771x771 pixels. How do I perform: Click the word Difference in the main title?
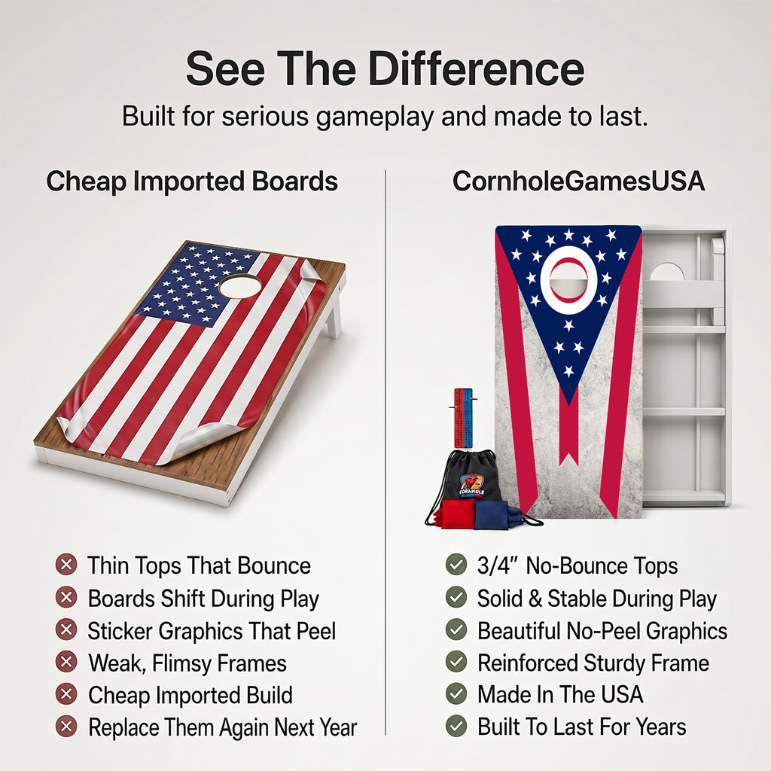(476, 69)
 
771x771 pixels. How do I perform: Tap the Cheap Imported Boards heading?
(192, 181)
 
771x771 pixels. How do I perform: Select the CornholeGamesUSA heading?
(578, 181)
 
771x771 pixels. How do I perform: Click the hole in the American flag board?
(240, 285)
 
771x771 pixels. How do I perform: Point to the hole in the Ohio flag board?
(568, 279)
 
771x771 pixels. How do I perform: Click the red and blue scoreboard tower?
(463, 418)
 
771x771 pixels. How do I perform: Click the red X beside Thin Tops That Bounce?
(66, 565)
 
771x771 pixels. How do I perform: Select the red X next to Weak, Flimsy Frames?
(66, 662)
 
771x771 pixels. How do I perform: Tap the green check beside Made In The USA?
(456, 693)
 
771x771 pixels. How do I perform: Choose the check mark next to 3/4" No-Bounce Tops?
(456, 565)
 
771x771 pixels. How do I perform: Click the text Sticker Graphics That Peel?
(212, 631)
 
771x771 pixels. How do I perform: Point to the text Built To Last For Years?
(582, 727)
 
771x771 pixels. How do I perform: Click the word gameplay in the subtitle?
(375, 117)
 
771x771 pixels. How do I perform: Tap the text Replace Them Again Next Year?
(223, 727)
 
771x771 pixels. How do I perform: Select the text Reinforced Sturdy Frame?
(593, 663)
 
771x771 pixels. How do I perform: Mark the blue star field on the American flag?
(197, 284)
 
